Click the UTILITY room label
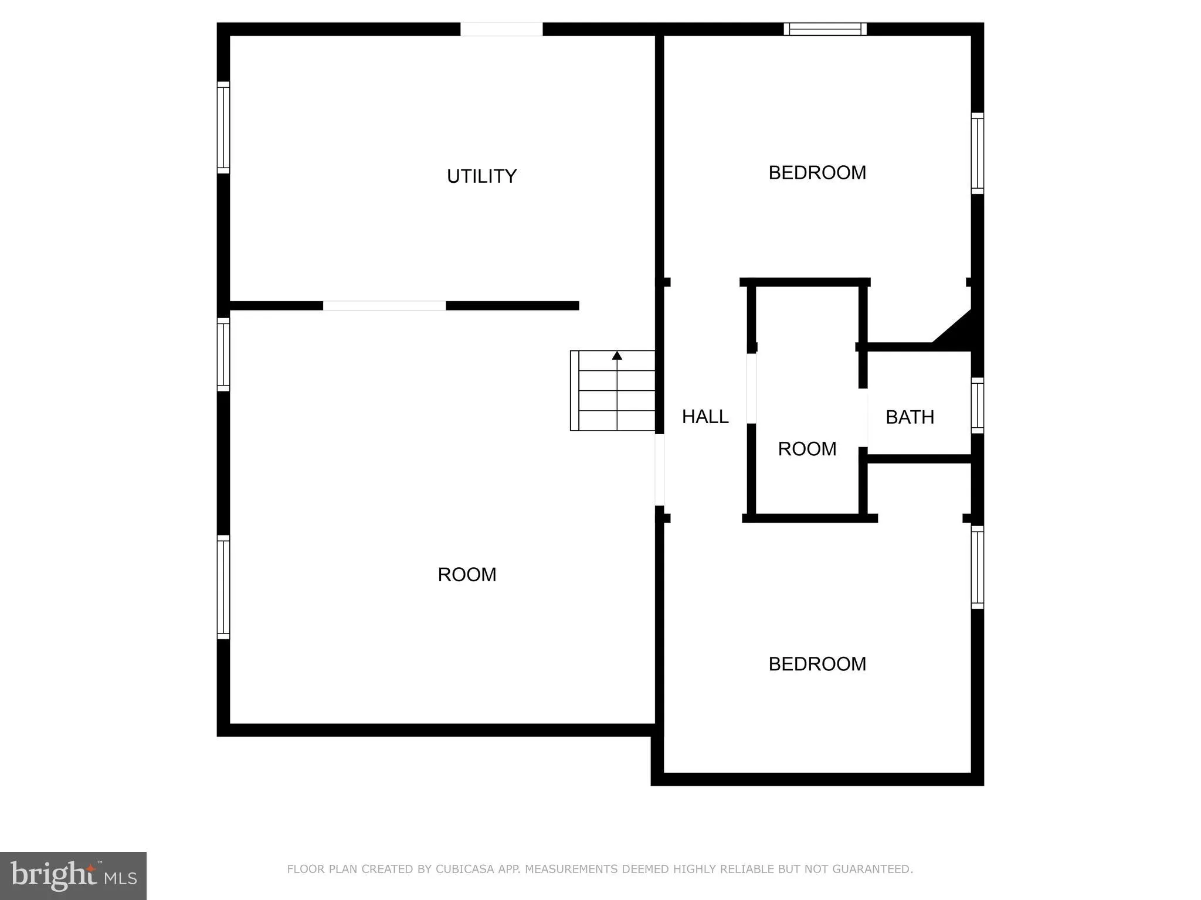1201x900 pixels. click(481, 176)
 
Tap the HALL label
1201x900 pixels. click(705, 417)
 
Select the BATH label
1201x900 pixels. click(910, 417)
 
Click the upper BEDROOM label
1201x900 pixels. click(817, 173)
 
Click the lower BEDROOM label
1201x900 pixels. click(817, 664)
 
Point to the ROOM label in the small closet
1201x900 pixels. click(807, 449)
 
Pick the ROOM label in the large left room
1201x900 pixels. click(467, 575)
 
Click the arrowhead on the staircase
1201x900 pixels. click(617, 355)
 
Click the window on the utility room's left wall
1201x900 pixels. click(223, 127)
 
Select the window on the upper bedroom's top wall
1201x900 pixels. click(825, 29)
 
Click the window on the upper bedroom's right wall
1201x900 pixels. click(977, 153)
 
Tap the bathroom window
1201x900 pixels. click(977, 405)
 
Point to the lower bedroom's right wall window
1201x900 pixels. click(977, 567)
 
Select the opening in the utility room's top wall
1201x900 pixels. click(501, 29)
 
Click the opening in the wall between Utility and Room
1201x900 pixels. click(384, 306)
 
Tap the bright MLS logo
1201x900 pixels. click(73, 875)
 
